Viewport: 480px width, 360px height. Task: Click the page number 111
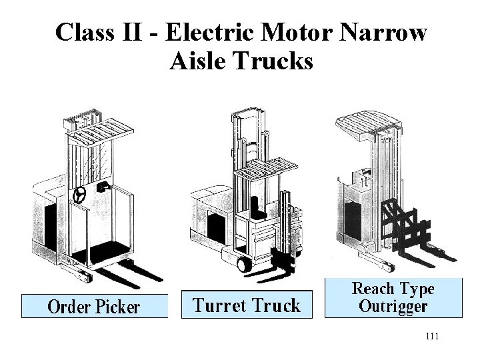431,337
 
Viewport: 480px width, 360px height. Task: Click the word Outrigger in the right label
393,306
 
